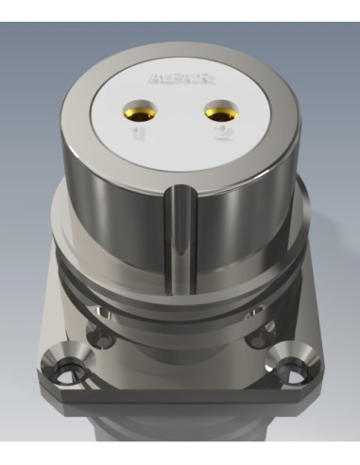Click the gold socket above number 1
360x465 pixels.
click(x=144, y=112)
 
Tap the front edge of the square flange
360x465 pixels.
click(x=180, y=408)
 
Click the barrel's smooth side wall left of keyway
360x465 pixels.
click(x=123, y=203)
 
